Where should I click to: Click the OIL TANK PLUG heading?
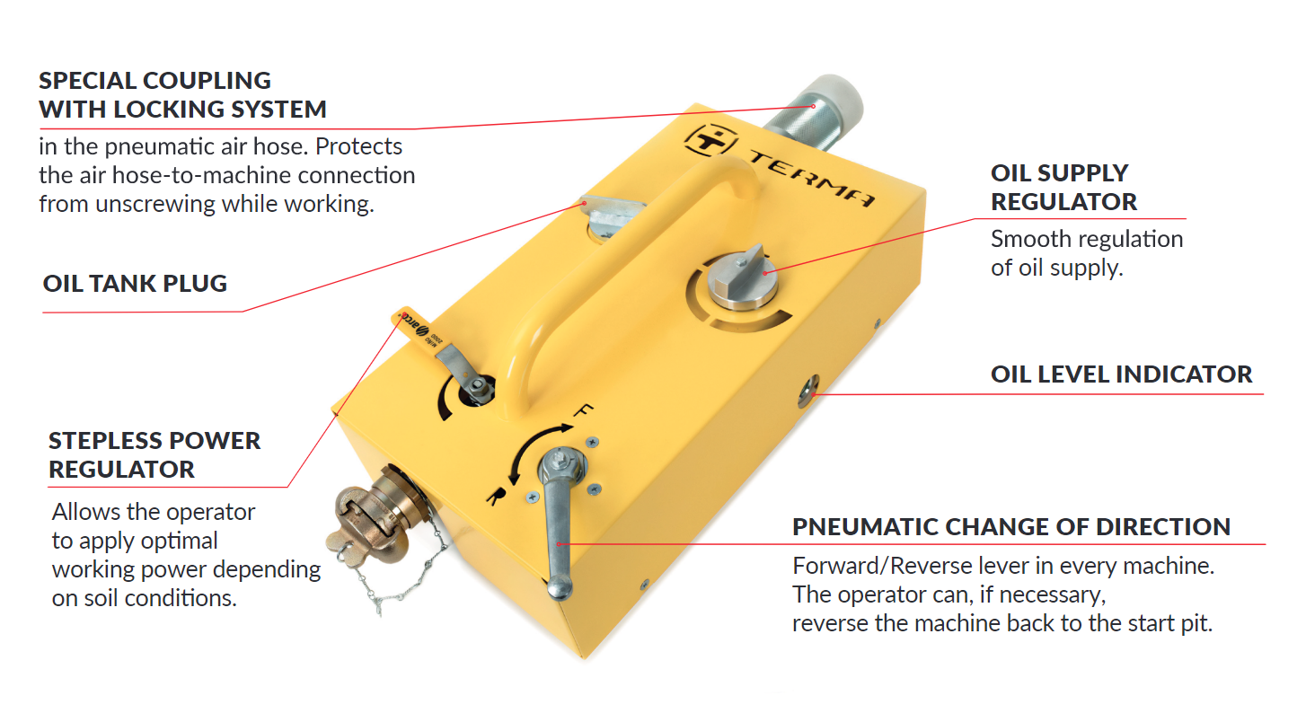coord(135,283)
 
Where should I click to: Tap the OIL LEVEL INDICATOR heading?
coord(1121,374)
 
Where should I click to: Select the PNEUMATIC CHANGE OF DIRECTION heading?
coord(1011,527)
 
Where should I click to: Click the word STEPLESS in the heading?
coord(110,441)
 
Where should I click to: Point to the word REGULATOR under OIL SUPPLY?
coord(1064,202)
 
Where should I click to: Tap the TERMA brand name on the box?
coord(812,179)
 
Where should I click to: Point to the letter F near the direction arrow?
coord(582,410)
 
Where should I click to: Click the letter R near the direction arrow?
coord(495,497)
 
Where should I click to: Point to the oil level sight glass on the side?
coord(808,391)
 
